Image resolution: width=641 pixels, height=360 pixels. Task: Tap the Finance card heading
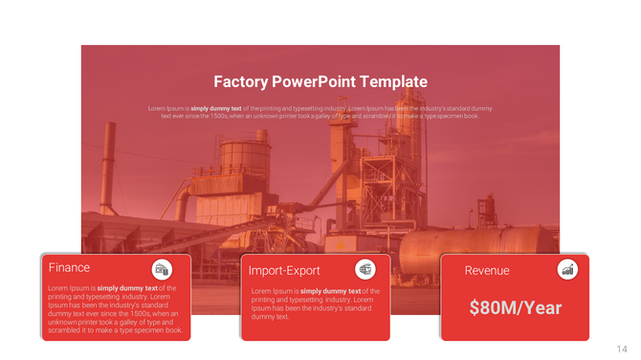click(69, 268)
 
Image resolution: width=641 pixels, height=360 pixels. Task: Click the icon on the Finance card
click(163, 269)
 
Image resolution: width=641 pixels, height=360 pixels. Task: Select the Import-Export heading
click(284, 271)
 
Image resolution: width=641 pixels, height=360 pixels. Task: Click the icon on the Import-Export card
click(365, 269)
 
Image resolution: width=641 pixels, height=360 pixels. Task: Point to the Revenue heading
click(487, 271)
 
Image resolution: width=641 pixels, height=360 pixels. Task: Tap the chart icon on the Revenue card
click(567, 270)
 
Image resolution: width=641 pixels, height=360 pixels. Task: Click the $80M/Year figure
click(515, 308)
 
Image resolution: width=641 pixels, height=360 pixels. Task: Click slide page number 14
click(622, 349)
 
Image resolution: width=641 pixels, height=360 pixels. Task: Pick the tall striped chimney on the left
click(108, 168)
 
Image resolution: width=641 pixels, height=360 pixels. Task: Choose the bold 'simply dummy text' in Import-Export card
click(330, 291)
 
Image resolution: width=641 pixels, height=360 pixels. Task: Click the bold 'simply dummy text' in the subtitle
click(222, 108)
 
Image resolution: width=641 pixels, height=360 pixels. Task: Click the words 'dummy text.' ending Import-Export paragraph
click(270, 317)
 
